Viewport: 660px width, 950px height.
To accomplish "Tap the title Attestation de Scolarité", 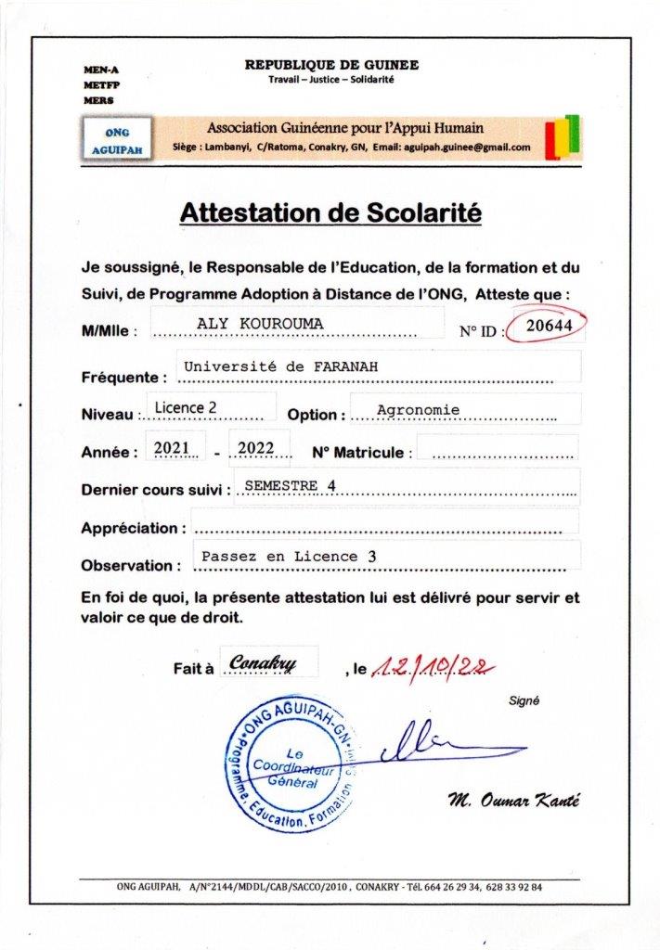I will pos(330,213).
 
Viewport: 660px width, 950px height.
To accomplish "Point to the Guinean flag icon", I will pos(562,136).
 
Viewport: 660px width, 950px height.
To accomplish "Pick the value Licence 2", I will pos(185,406).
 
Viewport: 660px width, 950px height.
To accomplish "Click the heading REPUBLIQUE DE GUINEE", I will pos(331,65).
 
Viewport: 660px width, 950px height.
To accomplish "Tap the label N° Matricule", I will pos(358,453).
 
